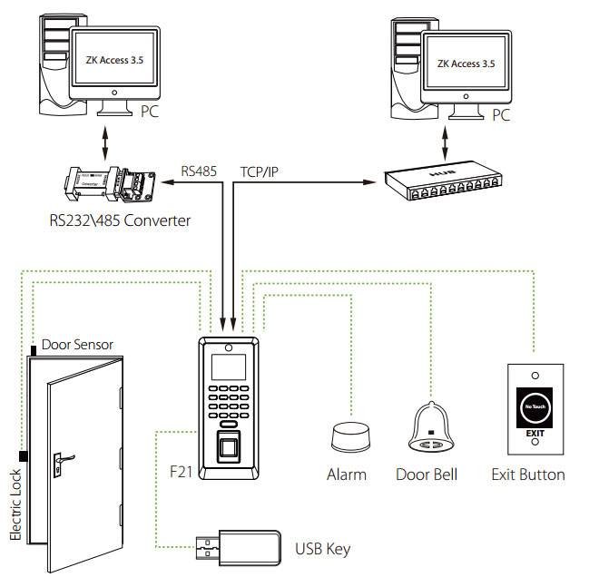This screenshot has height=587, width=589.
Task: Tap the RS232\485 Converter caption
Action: pos(120,220)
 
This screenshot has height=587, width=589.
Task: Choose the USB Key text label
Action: pos(322,549)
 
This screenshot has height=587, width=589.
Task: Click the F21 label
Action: pos(182,473)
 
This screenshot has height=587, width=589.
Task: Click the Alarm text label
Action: pos(347,474)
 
